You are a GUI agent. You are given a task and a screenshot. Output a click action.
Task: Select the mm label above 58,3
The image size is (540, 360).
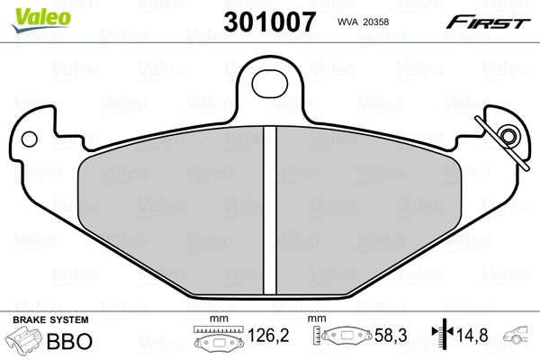318,320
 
